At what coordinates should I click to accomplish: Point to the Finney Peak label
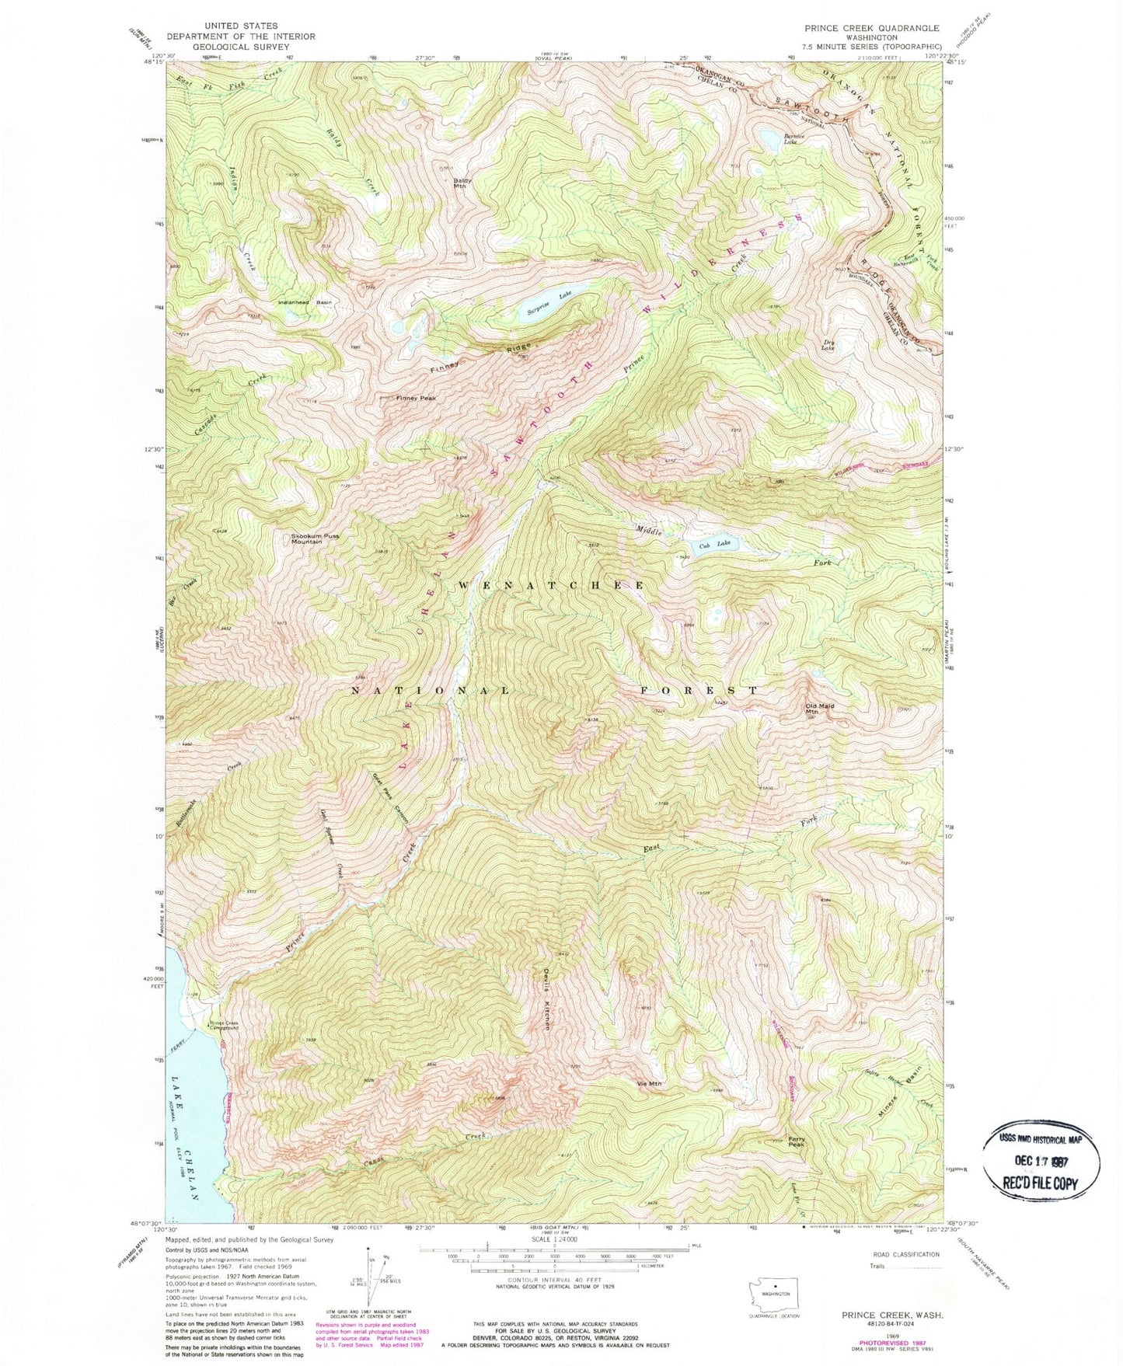point(417,398)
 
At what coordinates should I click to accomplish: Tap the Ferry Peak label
point(797,1142)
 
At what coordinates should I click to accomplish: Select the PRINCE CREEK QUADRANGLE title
point(873,27)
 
